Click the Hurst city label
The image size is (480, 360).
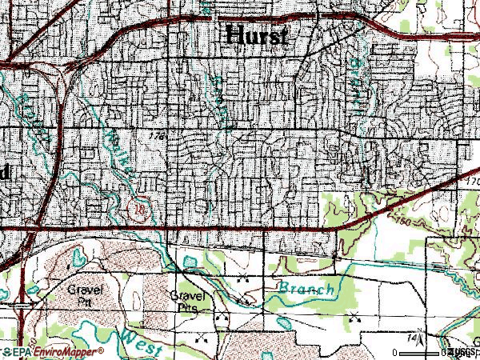tap(257, 35)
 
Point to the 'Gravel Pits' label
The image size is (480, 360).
tap(189, 300)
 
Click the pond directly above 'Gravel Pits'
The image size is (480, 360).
tap(189, 262)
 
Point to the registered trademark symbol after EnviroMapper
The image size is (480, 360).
tap(102, 350)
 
